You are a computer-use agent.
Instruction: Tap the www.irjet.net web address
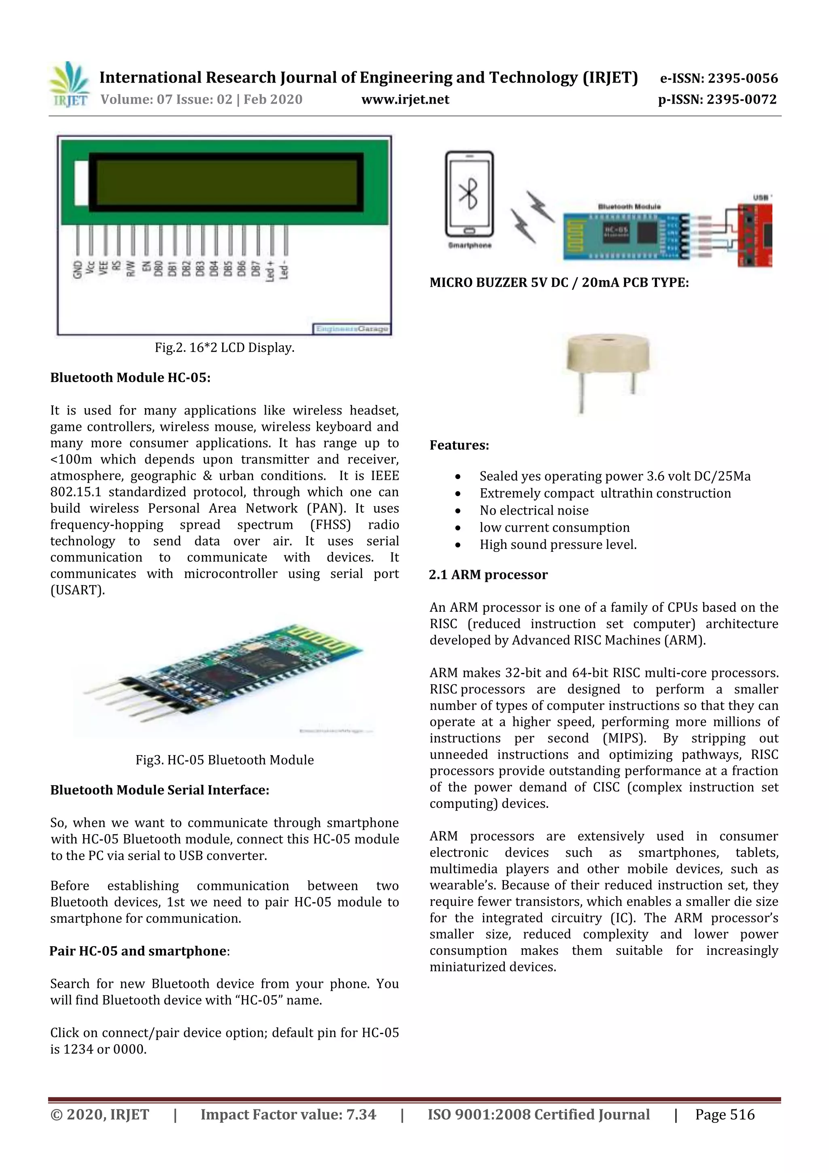click(405, 100)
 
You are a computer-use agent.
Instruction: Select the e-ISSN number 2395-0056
click(718, 78)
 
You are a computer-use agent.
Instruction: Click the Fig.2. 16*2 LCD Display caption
click(225, 348)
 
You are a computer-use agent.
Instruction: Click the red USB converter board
click(755, 235)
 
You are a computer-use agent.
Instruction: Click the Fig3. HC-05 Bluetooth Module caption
click(225, 760)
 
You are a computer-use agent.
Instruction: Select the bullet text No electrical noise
click(534, 510)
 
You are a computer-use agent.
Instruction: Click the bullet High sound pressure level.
click(558, 545)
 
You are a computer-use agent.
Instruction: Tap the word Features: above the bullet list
click(459, 445)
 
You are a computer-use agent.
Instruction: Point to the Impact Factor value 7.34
click(361, 1114)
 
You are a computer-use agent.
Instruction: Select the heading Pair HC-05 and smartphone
click(138, 951)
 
